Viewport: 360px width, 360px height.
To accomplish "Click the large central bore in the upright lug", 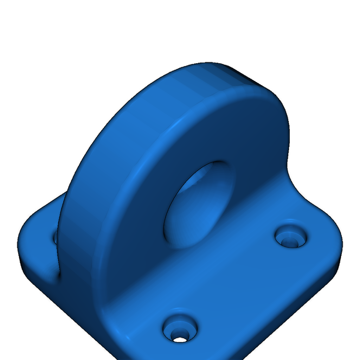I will coord(199,206).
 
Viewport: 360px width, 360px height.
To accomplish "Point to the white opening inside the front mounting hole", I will coord(180,340).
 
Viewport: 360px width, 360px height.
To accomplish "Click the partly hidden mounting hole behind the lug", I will coord(55,238).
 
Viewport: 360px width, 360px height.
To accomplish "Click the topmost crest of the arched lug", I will coord(207,65).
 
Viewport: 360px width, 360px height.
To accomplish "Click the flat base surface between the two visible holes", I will coord(239,281).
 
